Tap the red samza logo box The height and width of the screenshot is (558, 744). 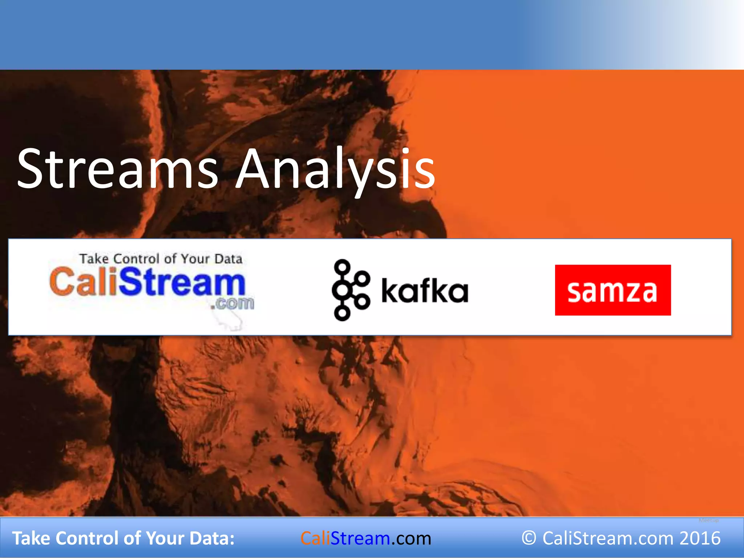612,290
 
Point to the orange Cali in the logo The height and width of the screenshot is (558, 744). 84,281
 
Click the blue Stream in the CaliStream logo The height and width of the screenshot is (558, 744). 182,282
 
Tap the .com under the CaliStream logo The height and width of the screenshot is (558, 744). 232,303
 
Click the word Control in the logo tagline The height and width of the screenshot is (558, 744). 136,259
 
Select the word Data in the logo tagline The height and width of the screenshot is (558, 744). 228,259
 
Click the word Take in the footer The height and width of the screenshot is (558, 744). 31,538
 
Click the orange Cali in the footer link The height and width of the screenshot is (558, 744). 315,538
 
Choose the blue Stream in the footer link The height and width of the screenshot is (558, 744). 360,538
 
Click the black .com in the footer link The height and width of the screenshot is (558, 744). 411,538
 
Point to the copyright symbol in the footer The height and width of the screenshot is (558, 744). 529,538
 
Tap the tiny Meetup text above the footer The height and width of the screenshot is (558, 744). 708,521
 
